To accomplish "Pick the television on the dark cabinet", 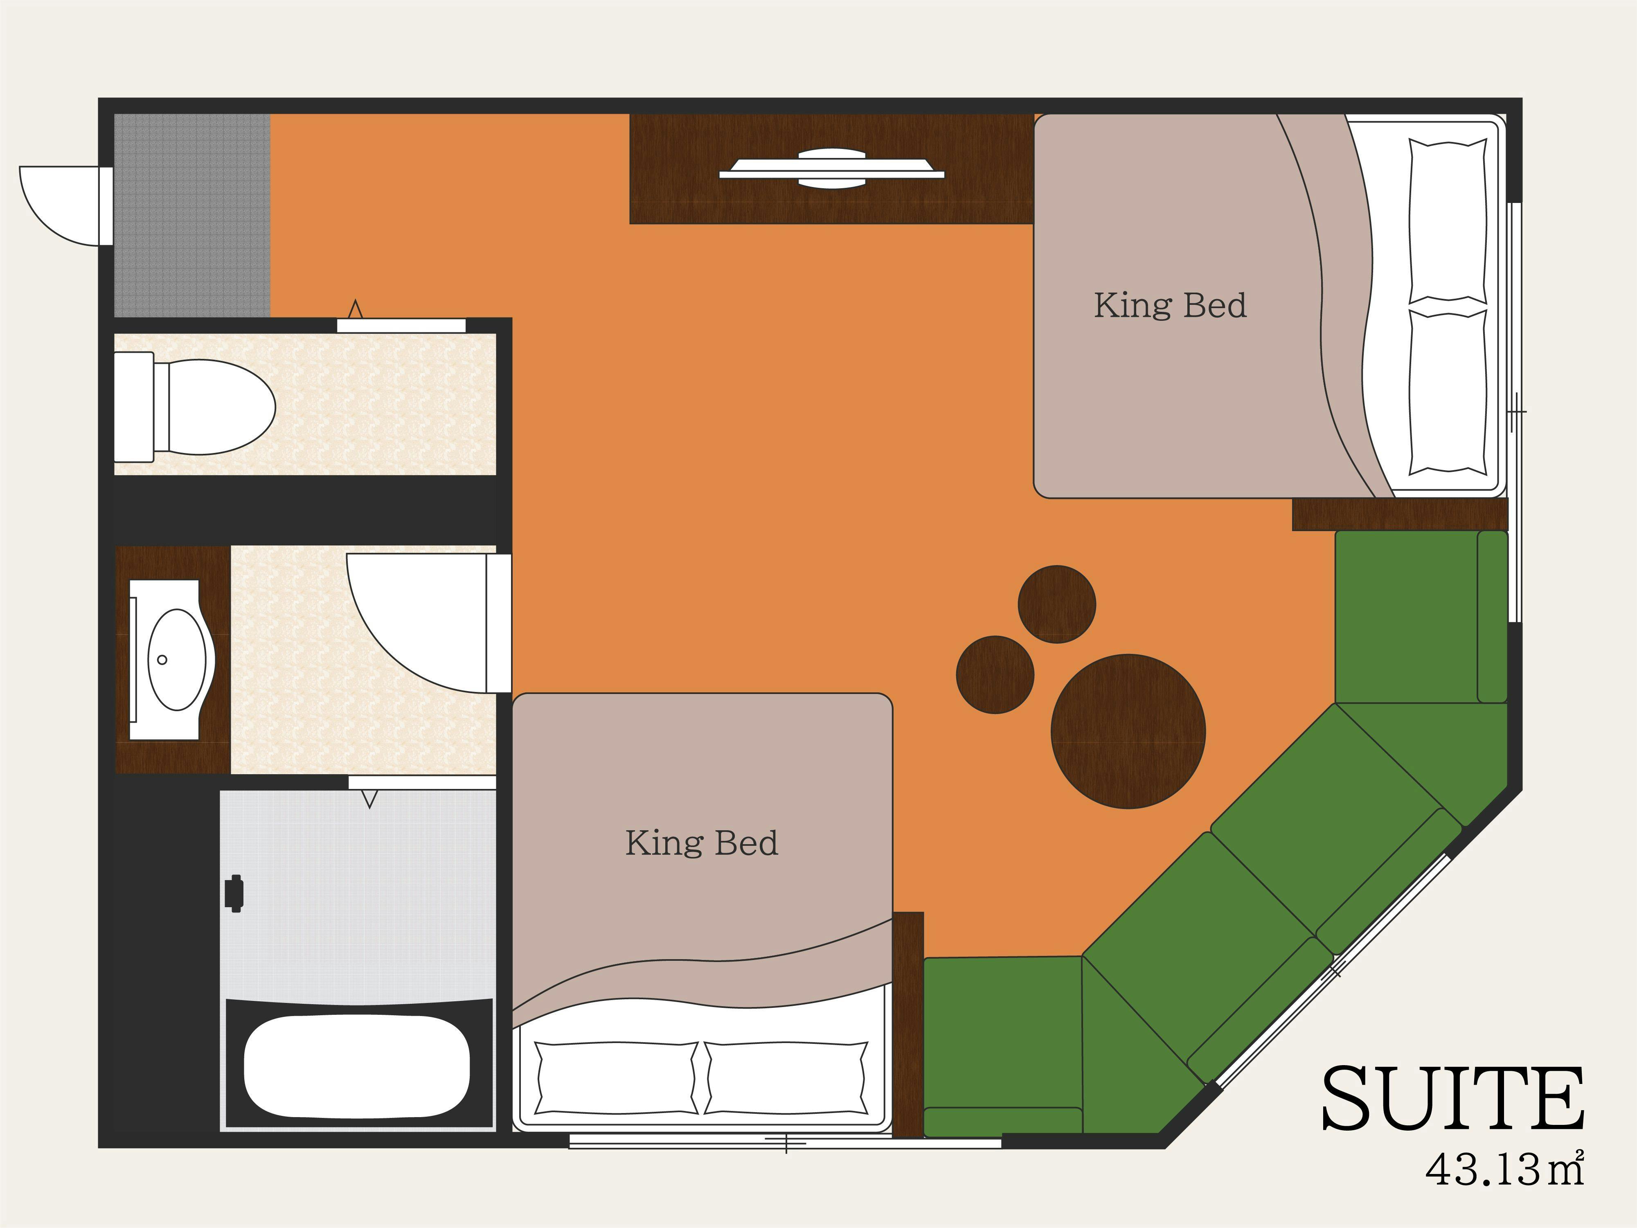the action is [x=832, y=169].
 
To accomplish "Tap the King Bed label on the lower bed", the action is [x=702, y=843].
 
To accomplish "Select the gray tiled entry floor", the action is [x=192, y=215].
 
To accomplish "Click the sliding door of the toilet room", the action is [x=401, y=325].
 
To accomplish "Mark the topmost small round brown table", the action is [x=1057, y=604].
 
